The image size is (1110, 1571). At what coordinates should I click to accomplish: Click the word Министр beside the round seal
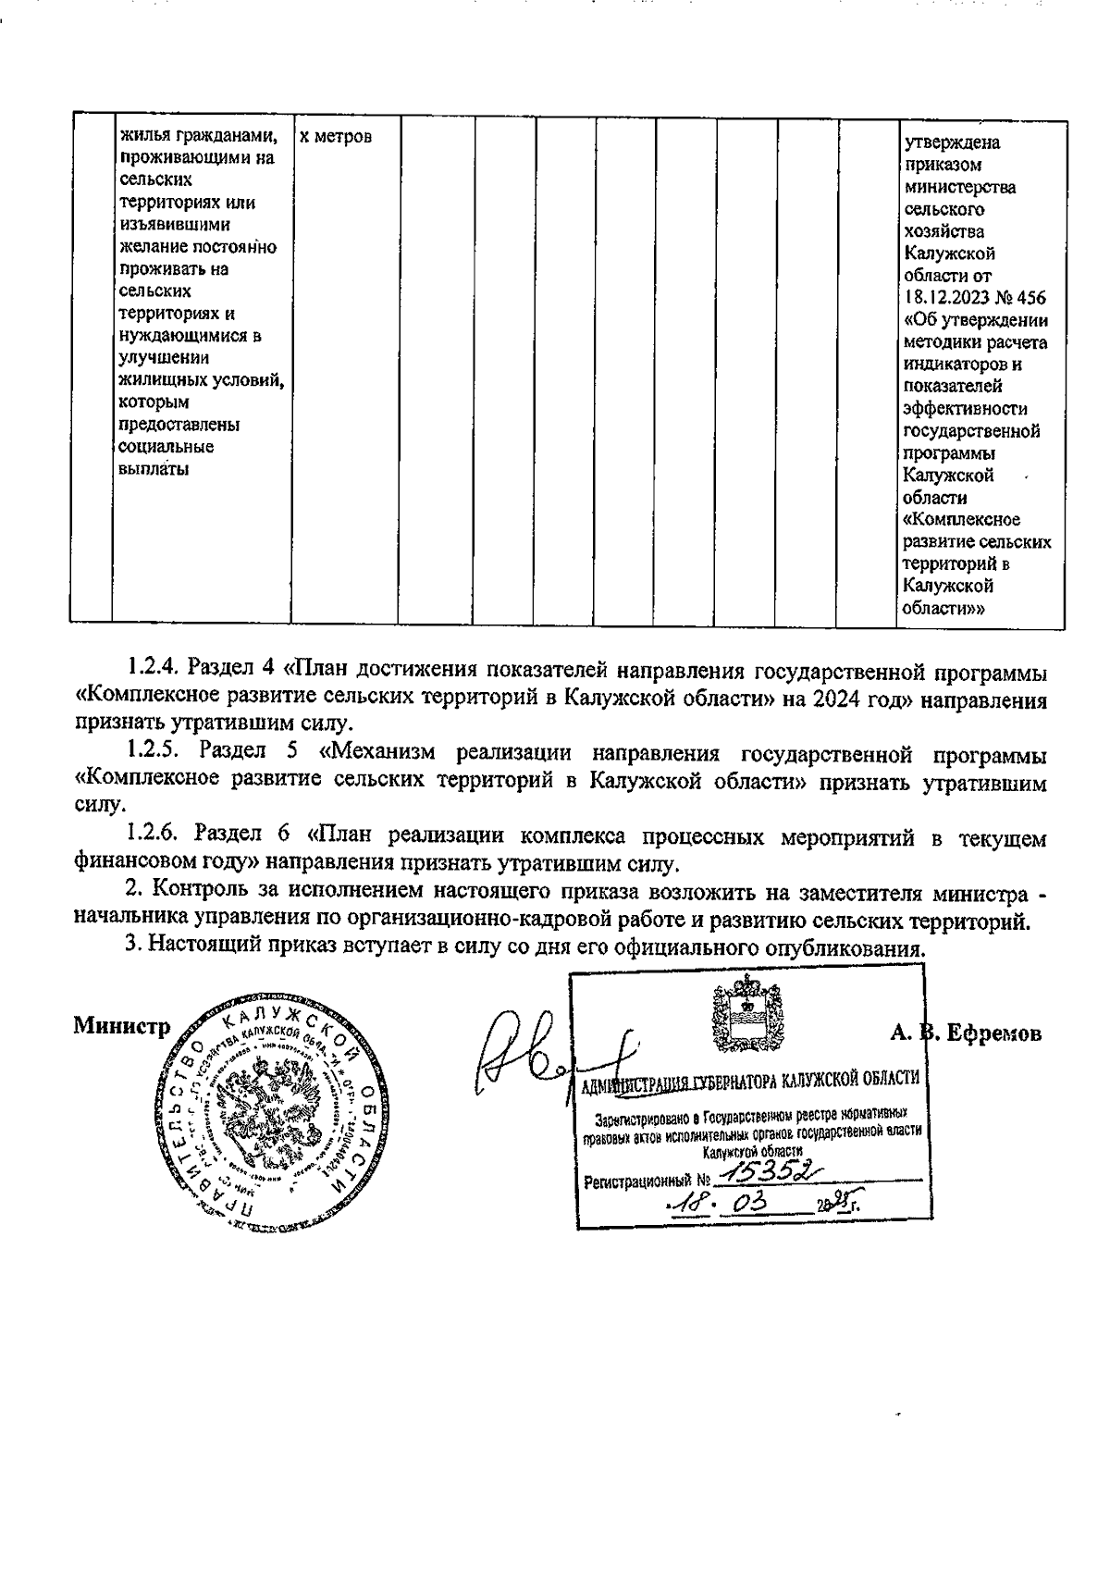pos(121,1028)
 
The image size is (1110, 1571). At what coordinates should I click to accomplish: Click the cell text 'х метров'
pos(336,137)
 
